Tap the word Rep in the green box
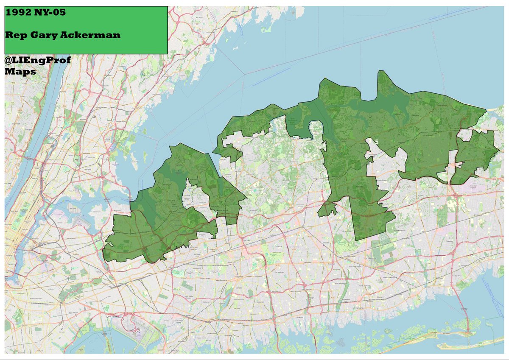(14, 35)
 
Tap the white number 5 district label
(376, 142)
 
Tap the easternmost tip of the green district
(499, 151)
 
